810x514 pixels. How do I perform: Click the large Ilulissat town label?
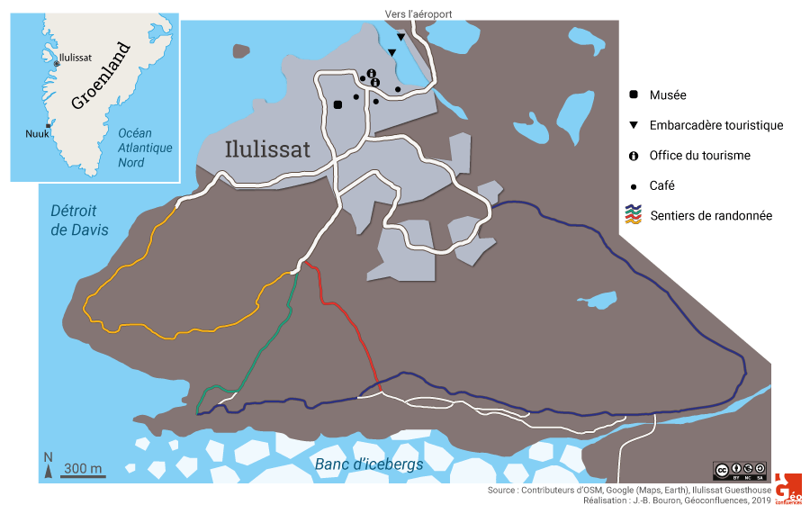(x=267, y=148)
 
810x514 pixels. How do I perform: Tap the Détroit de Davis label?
(x=79, y=221)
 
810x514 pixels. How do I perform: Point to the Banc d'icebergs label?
(x=369, y=464)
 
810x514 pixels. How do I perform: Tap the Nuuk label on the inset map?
(x=37, y=134)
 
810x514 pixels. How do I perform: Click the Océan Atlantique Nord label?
(x=144, y=148)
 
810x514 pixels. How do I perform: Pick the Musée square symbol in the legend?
(x=634, y=95)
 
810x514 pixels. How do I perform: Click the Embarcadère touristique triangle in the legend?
(x=634, y=125)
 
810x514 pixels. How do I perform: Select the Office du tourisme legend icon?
(x=634, y=156)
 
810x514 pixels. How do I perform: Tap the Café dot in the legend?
(x=634, y=186)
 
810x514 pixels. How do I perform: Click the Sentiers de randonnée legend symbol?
(x=634, y=215)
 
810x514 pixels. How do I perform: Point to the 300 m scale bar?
(x=83, y=474)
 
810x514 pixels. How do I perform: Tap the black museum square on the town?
(x=337, y=104)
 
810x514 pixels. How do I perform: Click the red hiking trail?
(x=346, y=315)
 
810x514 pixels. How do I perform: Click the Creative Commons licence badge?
(x=740, y=469)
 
